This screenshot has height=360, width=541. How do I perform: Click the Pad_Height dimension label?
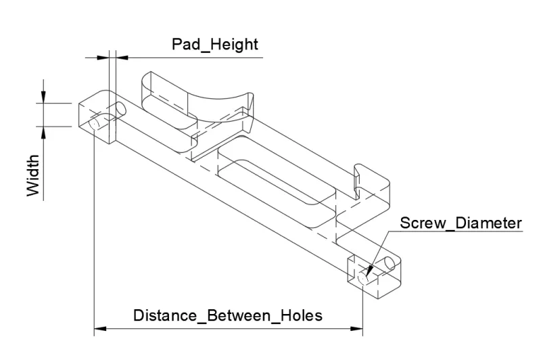[214, 45]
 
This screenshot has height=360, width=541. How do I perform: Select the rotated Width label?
[33, 175]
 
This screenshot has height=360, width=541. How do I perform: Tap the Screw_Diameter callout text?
[461, 223]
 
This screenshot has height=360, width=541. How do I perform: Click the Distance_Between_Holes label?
[228, 315]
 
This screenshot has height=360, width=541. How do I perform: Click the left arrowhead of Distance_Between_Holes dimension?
[100, 329]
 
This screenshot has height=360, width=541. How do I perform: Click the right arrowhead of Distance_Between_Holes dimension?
[356, 329]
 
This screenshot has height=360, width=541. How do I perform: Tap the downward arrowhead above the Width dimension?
[43, 97]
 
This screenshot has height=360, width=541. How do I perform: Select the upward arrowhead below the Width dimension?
[43, 133]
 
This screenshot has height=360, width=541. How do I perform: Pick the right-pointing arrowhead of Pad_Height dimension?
[103, 58]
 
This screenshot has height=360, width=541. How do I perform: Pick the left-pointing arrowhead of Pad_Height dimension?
[122, 58]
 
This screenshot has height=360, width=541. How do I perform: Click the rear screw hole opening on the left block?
[121, 109]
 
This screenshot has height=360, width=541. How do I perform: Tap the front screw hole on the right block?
[363, 278]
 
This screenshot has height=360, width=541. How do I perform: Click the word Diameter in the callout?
[488, 223]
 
